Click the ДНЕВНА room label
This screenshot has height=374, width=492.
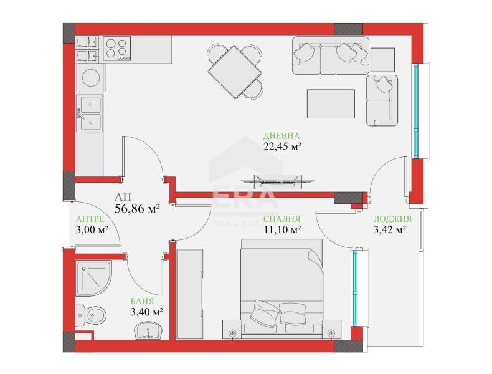[282, 135]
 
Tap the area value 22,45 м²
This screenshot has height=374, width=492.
[282, 147]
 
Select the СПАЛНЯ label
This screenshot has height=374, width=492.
[282, 219]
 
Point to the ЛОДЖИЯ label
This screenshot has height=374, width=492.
[392, 219]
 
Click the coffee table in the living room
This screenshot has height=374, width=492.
[331, 103]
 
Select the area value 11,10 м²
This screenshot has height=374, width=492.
[282, 230]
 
